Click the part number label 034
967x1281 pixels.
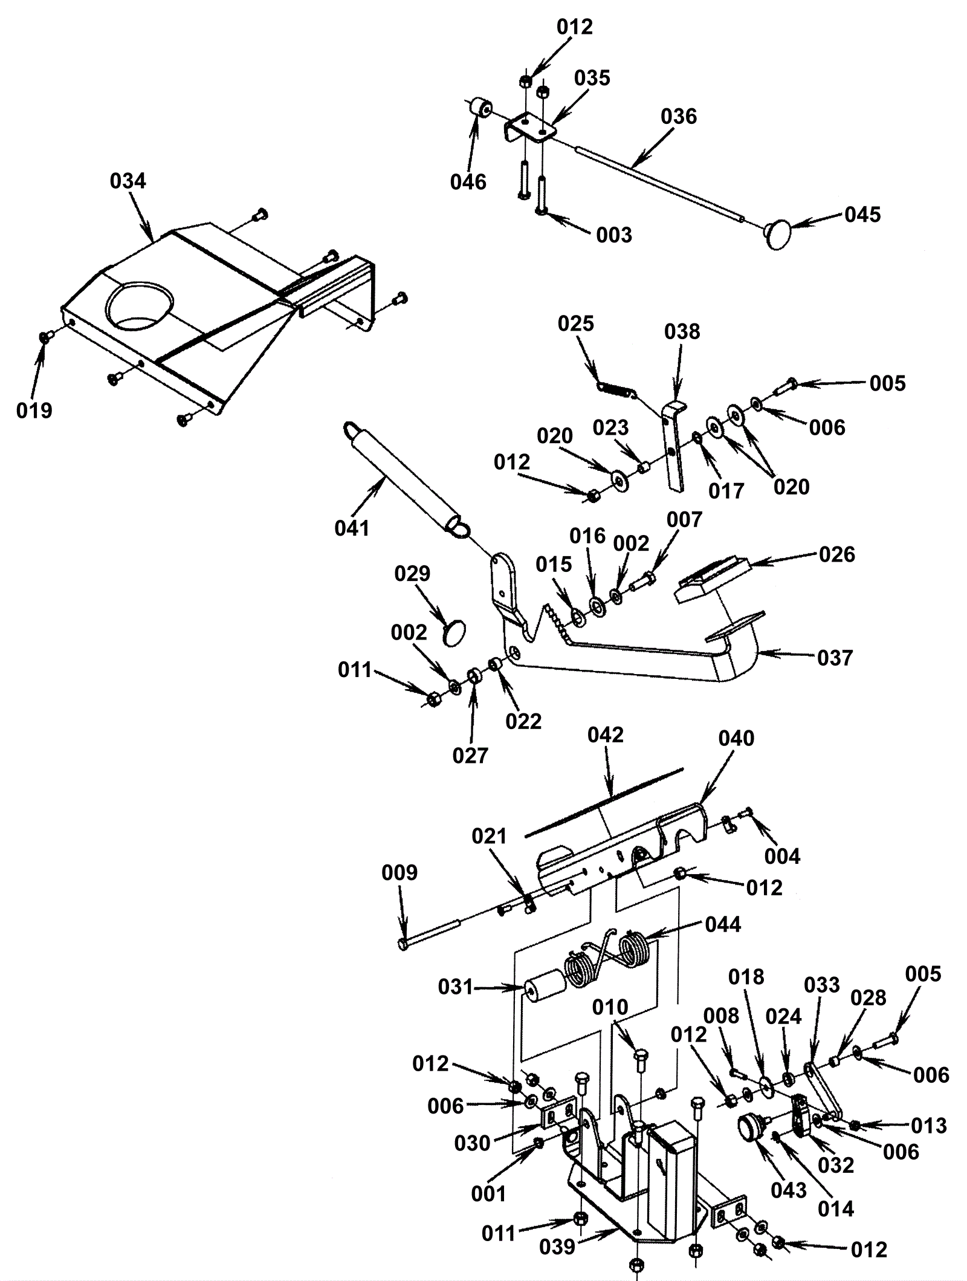click(x=128, y=181)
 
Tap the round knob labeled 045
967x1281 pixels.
click(x=778, y=233)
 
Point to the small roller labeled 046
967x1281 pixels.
click(x=481, y=110)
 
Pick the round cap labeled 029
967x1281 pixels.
click(x=455, y=634)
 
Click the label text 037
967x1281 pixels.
click(x=835, y=657)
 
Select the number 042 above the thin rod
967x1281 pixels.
click(x=605, y=735)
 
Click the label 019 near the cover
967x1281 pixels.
click(x=34, y=410)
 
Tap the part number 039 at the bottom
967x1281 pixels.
click(x=557, y=1247)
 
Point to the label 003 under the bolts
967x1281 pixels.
click(x=614, y=235)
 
